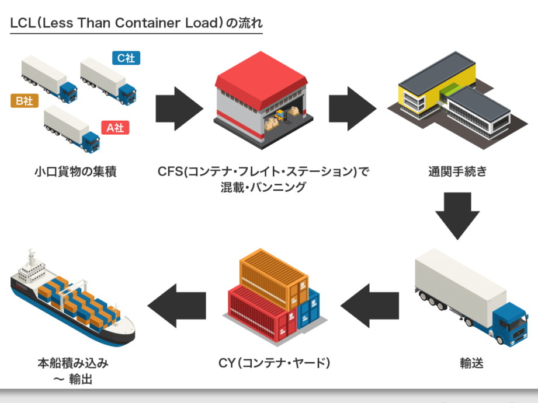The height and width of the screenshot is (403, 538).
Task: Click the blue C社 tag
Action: click(126, 58)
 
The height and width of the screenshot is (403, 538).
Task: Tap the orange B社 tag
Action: click(24, 100)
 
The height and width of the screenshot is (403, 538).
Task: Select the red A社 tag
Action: click(115, 128)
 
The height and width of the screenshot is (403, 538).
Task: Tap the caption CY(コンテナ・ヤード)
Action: click(275, 363)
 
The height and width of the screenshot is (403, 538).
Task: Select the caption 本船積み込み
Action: click(73, 363)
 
